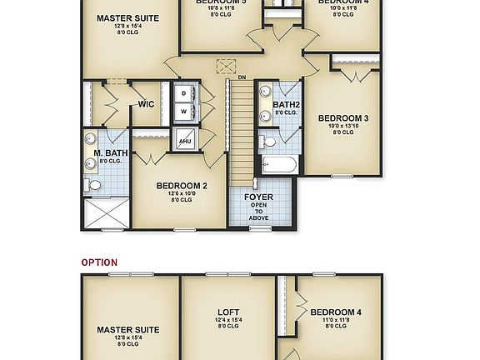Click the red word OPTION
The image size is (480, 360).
[x=99, y=262]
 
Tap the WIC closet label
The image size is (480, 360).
[x=146, y=104]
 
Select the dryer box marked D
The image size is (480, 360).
[x=184, y=93]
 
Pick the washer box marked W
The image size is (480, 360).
[x=184, y=110]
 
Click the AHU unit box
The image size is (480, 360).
[x=185, y=142]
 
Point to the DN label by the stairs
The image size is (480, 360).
[x=241, y=77]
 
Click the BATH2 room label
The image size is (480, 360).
[x=286, y=104]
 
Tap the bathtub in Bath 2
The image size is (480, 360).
[x=277, y=165]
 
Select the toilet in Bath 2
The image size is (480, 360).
[x=267, y=141]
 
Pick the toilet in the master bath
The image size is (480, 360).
[x=94, y=184]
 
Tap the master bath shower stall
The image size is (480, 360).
[x=107, y=212]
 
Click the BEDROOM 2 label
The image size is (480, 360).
[x=181, y=185]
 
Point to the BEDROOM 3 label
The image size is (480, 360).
[x=342, y=118]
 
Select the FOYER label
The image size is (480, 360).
[x=258, y=197]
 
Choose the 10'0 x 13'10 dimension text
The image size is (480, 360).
[x=342, y=126]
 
